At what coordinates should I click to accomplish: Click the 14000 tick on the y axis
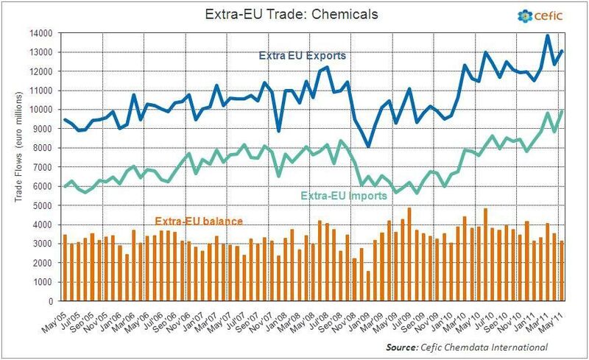coord(41,33)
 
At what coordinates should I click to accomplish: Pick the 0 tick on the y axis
coord(50,301)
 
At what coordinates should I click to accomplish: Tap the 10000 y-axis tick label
coord(41,110)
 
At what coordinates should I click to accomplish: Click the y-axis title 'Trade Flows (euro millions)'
coord(14,167)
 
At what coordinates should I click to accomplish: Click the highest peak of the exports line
coord(547,35)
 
